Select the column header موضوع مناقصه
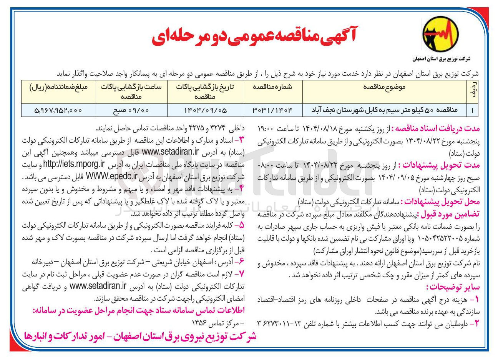point(384,87)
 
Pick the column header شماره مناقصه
point(272,87)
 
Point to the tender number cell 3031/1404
point(272,110)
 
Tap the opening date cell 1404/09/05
point(205,110)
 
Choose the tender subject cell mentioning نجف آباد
point(384,110)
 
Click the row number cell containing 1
point(472,110)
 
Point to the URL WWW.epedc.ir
point(112,177)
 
